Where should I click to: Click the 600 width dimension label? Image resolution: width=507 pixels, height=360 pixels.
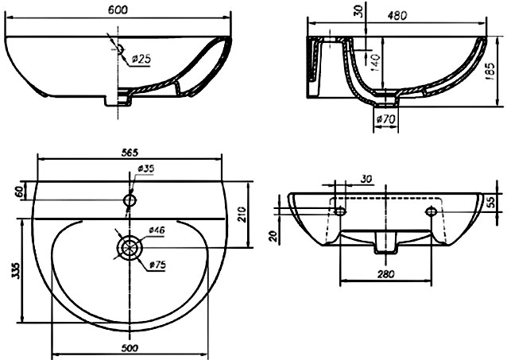click(x=118, y=10)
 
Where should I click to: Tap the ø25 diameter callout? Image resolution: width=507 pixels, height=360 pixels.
click(x=141, y=59)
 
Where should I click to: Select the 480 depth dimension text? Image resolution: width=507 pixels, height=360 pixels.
click(x=397, y=15)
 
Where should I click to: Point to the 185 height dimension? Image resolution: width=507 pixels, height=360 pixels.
click(x=490, y=72)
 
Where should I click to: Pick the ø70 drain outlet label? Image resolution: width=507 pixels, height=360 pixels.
click(x=385, y=119)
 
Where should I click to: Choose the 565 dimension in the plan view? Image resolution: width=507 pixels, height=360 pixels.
click(x=130, y=153)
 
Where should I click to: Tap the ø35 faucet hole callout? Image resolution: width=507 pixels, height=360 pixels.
click(x=146, y=168)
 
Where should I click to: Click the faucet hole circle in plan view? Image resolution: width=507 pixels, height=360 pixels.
click(x=130, y=200)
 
